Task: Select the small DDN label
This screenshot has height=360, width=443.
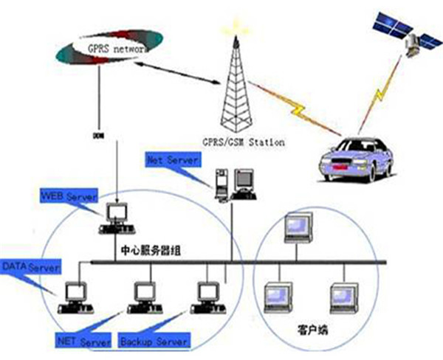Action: point(97,136)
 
